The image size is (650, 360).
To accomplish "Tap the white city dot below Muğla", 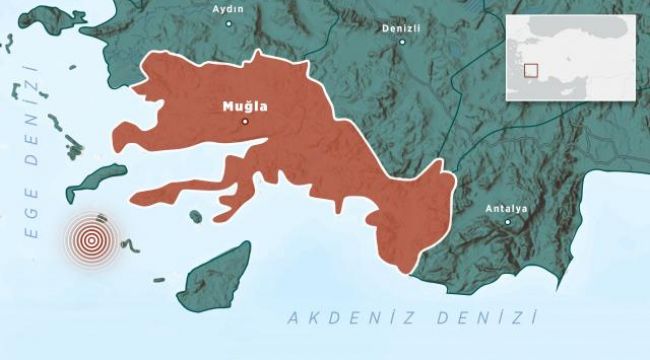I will click(x=245, y=121).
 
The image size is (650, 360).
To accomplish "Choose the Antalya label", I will click(x=506, y=208).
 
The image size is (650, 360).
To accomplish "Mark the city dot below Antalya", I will click(x=507, y=223).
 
